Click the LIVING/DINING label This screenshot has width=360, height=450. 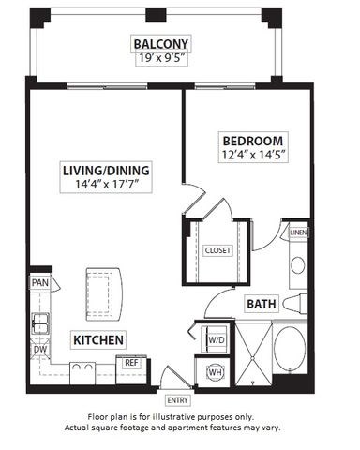pos(105,171)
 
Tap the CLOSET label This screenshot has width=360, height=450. pos(217,250)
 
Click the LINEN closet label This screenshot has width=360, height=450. pos(297,232)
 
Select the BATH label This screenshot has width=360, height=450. pos(260,304)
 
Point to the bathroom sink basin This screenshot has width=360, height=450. pos(298,264)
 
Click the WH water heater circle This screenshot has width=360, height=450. pos(214,371)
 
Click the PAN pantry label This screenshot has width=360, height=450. pos(39,282)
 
